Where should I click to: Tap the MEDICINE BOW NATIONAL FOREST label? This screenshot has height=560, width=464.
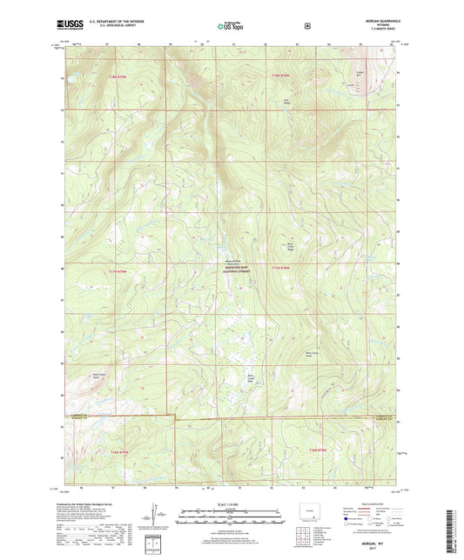[x=232, y=269]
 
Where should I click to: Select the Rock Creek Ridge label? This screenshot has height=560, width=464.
[x=293, y=246]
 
